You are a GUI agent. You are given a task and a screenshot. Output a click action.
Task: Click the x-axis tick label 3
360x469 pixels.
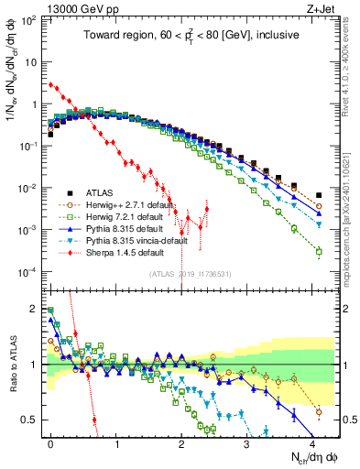(246, 442)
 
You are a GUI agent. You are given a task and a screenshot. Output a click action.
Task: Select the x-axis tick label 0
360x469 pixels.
(50, 442)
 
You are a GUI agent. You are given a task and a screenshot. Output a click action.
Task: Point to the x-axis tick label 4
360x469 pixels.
(311, 442)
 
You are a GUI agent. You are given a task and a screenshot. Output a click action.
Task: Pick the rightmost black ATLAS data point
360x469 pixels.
(318, 195)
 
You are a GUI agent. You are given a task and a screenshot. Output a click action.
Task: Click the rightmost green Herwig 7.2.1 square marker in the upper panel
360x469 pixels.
(318, 251)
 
